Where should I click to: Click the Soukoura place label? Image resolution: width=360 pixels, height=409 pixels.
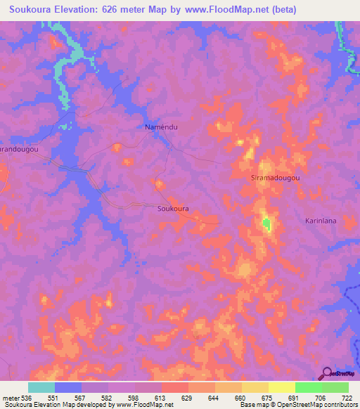pyautogui.click(x=172, y=209)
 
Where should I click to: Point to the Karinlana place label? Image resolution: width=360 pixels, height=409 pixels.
pyautogui.click(x=323, y=221)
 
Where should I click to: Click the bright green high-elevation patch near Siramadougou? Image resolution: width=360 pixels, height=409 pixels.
pyautogui.click(x=266, y=225)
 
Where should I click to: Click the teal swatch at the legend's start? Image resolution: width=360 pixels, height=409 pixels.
pyautogui.click(x=41, y=387)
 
